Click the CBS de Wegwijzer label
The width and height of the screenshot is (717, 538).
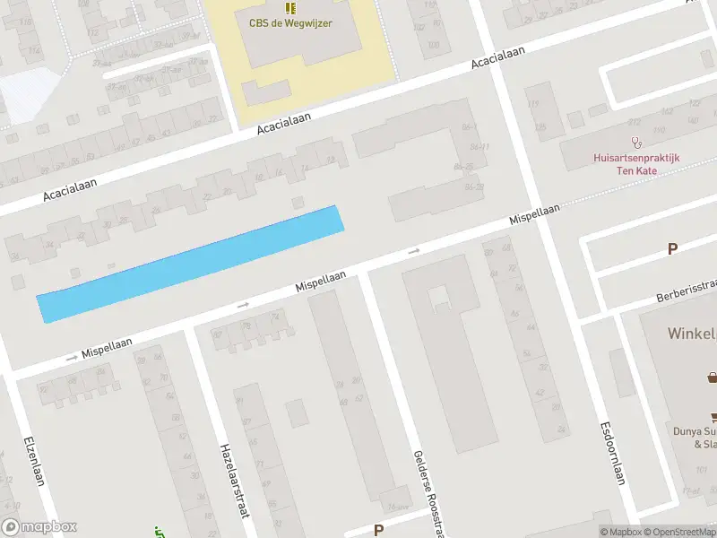click(x=289, y=22)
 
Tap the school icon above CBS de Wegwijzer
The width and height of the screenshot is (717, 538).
click(x=289, y=7)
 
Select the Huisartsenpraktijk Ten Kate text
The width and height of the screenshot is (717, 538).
click(x=636, y=163)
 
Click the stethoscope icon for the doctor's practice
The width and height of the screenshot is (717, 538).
click(x=637, y=142)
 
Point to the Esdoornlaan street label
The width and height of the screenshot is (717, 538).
click(x=612, y=453)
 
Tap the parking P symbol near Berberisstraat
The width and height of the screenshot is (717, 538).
click(x=671, y=249)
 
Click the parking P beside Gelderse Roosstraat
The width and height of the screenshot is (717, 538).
click(x=378, y=530)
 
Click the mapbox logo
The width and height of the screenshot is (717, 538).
click(x=39, y=527)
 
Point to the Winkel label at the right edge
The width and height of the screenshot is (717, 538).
click(x=691, y=334)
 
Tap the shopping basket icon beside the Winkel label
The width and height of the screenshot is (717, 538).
click(x=713, y=377)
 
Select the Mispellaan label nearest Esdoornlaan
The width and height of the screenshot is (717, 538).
click(x=534, y=214)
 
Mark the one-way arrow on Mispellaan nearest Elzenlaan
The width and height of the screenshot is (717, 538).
click(x=73, y=357)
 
